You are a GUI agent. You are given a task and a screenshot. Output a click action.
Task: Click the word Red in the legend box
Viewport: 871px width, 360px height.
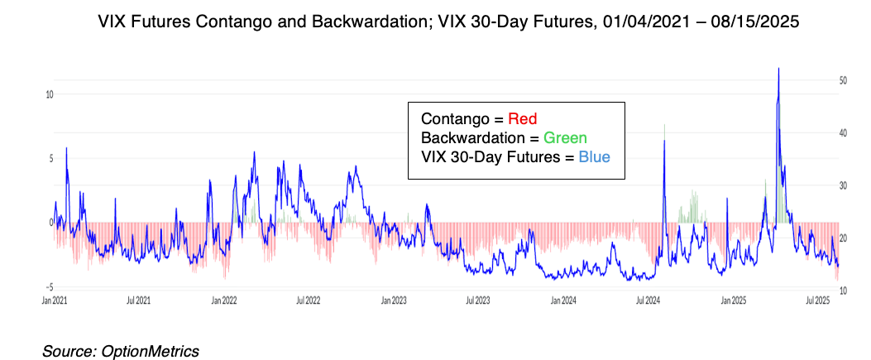point(523,118)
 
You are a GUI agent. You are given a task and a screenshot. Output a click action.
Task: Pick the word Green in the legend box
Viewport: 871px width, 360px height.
point(567,137)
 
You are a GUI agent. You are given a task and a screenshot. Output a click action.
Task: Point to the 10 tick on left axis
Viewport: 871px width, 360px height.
point(49,94)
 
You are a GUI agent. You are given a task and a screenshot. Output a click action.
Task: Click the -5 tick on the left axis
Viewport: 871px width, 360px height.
point(49,286)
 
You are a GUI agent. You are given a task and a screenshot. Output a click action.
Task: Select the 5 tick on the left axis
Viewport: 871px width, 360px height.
point(50,158)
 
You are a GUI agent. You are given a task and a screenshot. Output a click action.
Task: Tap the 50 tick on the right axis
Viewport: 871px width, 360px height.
point(841,80)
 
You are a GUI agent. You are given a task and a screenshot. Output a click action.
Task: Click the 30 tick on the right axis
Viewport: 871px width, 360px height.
point(841,185)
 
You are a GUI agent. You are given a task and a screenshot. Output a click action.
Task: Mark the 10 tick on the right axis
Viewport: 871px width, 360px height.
point(841,290)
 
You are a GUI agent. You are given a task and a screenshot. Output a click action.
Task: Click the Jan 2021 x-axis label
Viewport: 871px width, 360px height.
point(53,300)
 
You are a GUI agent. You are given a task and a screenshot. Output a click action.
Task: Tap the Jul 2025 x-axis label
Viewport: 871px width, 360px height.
point(819,300)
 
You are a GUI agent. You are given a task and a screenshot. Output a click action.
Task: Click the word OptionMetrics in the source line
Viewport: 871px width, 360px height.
point(150,351)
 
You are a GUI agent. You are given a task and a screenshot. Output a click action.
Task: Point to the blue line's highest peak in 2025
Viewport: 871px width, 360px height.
point(778,69)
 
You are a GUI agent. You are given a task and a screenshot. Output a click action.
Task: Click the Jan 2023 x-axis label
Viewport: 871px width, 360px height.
point(394,300)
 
